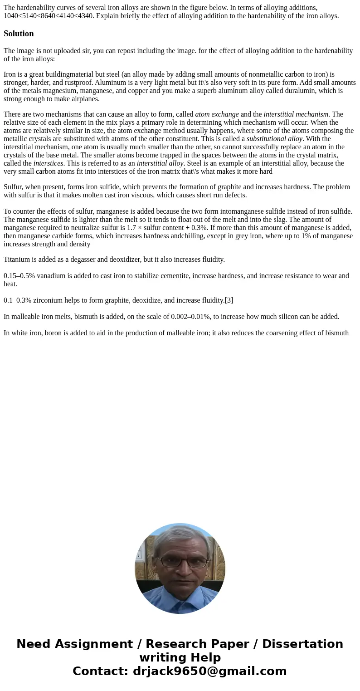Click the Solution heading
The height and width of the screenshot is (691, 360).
pyautogui.click(x=19, y=34)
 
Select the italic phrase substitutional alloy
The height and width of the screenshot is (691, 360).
pyautogui.click(x=274, y=139)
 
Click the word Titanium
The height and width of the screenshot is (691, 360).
pyautogui.click(x=18, y=260)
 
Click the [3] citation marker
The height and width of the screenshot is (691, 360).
pyautogui.click(x=229, y=300)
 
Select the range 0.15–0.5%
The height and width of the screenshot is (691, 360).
pyautogui.click(x=19, y=276)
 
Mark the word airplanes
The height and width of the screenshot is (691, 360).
pyautogui.click(x=84, y=99)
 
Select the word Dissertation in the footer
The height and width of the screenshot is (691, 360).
pyautogui.click(x=302, y=644)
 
